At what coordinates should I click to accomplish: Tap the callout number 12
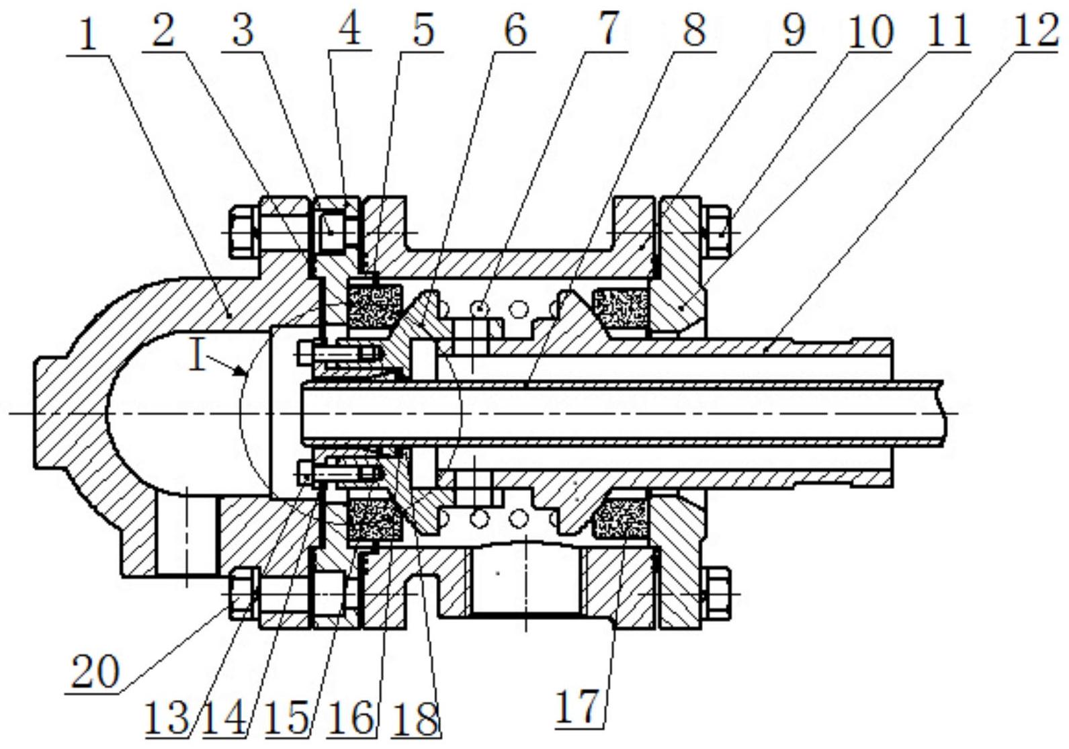coord(1035,30)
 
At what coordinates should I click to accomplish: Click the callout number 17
coord(577,706)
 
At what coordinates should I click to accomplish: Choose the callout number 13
coord(167,718)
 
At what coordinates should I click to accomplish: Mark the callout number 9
coord(792,30)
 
